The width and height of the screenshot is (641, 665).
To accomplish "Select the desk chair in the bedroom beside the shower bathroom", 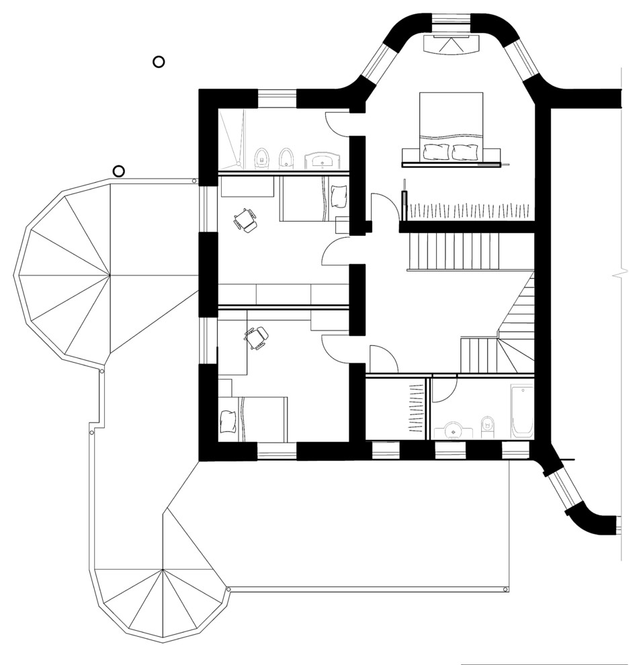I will [x=245, y=220].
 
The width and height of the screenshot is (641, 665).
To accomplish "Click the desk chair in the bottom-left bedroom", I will [x=257, y=337].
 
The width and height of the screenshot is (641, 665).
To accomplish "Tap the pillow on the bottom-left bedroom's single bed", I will [x=230, y=419].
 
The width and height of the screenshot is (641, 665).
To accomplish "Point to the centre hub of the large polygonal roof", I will [x=110, y=274].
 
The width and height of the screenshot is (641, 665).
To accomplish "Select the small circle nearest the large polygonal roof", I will [x=119, y=171].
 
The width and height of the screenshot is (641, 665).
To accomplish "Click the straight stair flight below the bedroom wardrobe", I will [x=454, y=250].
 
